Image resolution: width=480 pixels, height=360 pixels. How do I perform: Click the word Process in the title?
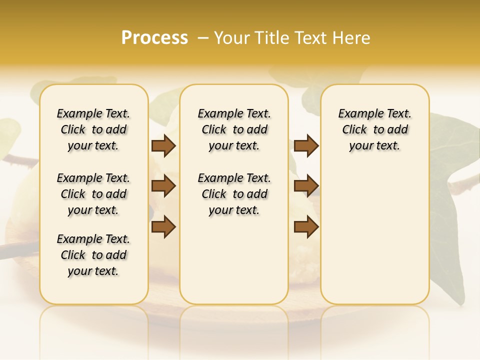coord(154,37)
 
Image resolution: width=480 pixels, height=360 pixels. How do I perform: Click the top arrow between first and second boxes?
coord(163,145)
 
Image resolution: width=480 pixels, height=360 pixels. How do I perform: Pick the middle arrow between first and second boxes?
coord(163,186)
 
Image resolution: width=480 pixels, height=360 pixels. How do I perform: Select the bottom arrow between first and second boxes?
coord(163,226)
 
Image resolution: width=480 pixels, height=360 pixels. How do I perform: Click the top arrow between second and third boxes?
coord(306,145)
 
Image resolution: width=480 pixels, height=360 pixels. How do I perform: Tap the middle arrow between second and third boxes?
coord(306,186)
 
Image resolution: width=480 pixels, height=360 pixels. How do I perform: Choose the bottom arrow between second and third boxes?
coord(306,226)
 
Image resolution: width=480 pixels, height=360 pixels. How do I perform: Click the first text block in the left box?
coord(93,129)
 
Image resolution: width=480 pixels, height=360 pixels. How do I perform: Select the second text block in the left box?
coord(93,194)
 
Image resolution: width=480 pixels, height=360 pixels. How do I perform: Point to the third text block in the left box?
coord(93,255)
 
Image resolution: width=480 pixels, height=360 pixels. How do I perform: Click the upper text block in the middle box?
coord(234,129)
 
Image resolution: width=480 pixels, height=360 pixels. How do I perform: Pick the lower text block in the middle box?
coord(234,194)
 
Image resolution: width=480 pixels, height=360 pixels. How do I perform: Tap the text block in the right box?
coord(374,129)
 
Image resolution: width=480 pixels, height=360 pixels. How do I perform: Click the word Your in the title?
coord(231,37)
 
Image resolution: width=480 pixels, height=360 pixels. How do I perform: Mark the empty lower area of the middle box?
coord(234,260)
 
